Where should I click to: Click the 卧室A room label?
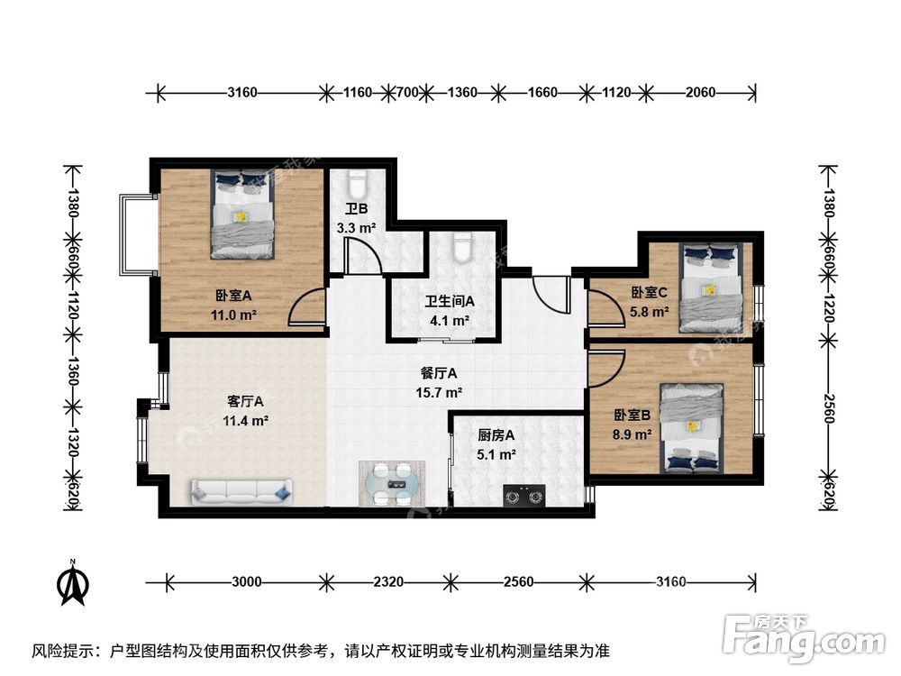click(x=233, y=296)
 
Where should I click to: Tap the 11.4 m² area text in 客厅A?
click(x=245, y=421)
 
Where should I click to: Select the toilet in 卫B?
click(x=357, y=184)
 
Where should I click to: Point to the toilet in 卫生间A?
click(x=462, y=248)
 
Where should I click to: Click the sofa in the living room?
click(x=241, y=493)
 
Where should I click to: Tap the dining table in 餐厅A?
click(x=393, y=483)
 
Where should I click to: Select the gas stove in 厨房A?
click(x=524, y=496)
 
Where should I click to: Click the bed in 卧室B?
click(x=691, y=428)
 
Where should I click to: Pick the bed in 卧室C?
click(x=710, y=288)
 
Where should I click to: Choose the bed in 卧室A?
click(x=241, y=214)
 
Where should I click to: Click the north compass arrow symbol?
click(x=72, y=583)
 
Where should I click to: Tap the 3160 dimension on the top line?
click(x=241, y=93)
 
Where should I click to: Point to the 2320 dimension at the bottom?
click(x=388, y=582)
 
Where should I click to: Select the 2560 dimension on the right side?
click(x=828, y=407)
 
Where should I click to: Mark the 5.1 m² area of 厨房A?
click(x=496, y=455)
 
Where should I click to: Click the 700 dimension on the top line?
click(x=407, y=93)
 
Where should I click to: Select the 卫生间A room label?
click(x=450, y=301)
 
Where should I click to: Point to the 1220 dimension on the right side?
click(x=828, y=307)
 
